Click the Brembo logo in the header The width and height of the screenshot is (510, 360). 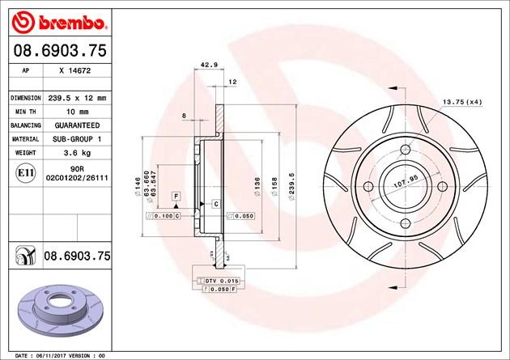pos(59,23)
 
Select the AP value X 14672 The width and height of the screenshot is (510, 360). pos(75,70)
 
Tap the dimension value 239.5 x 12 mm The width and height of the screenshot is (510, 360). pos(77,98)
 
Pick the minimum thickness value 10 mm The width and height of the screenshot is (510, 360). pos(77,112)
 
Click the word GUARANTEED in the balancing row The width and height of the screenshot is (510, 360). pos(77,125)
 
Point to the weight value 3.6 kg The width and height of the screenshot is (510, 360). pos(77,153)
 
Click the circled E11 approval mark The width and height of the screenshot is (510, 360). pos(25,173)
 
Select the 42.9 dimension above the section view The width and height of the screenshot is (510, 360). pos(209,65)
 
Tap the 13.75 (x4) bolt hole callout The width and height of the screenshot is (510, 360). pos(462,102)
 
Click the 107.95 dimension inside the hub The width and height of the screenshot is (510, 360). pos(406,182)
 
